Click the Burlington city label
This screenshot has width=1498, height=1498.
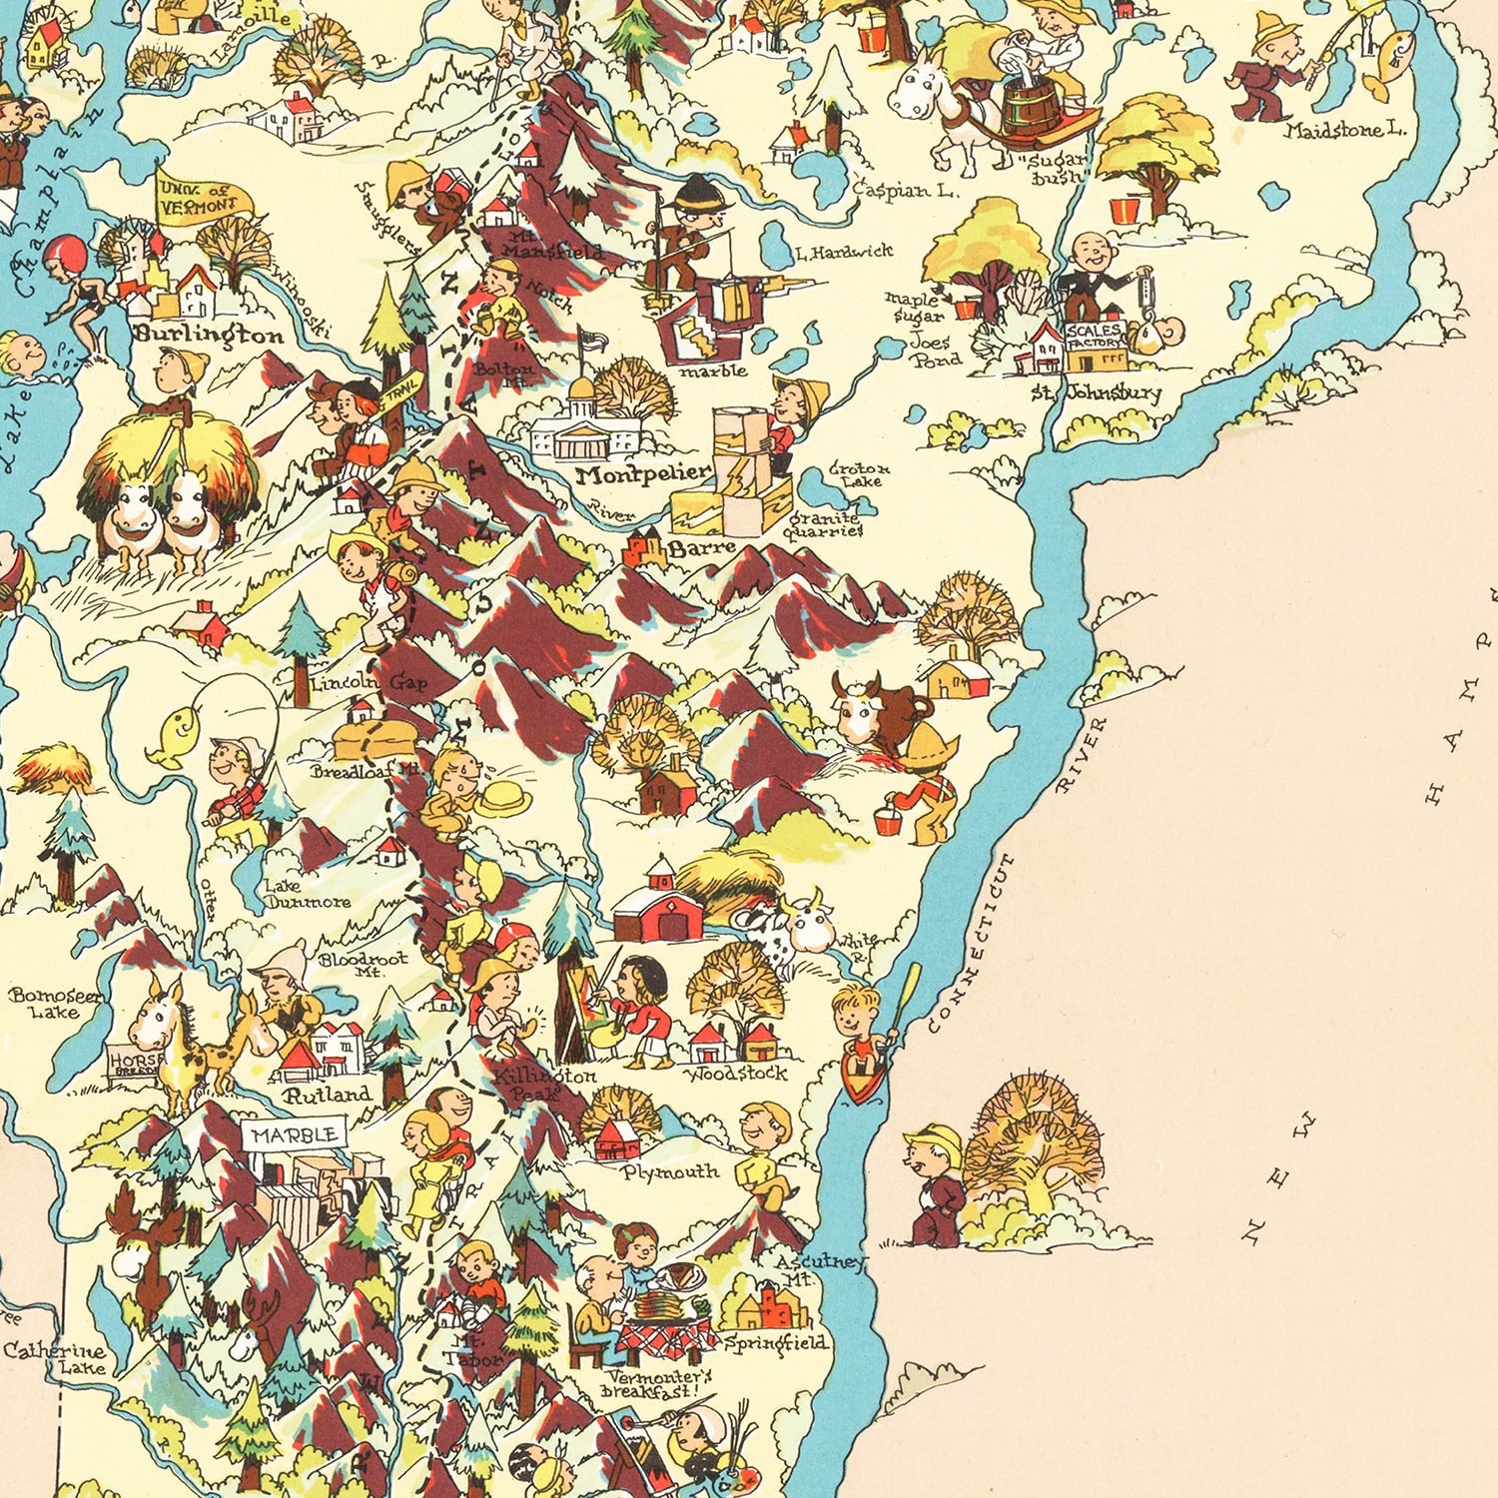pos(210,336)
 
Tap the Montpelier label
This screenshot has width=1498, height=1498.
pos(643,474)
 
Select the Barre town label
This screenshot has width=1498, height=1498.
pos(701,548)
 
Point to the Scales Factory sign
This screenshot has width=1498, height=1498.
pos(1095,336)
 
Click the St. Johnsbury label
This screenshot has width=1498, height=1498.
pos(1097,392)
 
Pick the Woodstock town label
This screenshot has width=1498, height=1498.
pos(737,1074)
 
